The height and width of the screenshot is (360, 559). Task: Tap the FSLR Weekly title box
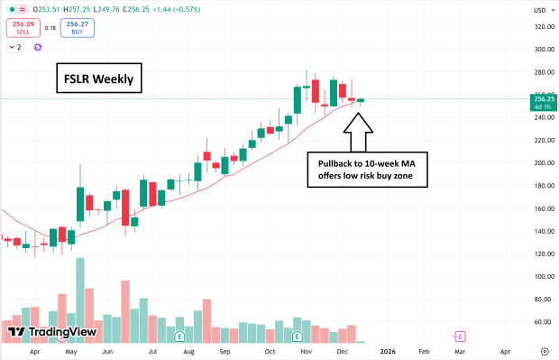coord(98,79)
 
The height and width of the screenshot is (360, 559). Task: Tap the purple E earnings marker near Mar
coord(460,336)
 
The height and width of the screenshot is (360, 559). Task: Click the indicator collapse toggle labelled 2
coord(15,47)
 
